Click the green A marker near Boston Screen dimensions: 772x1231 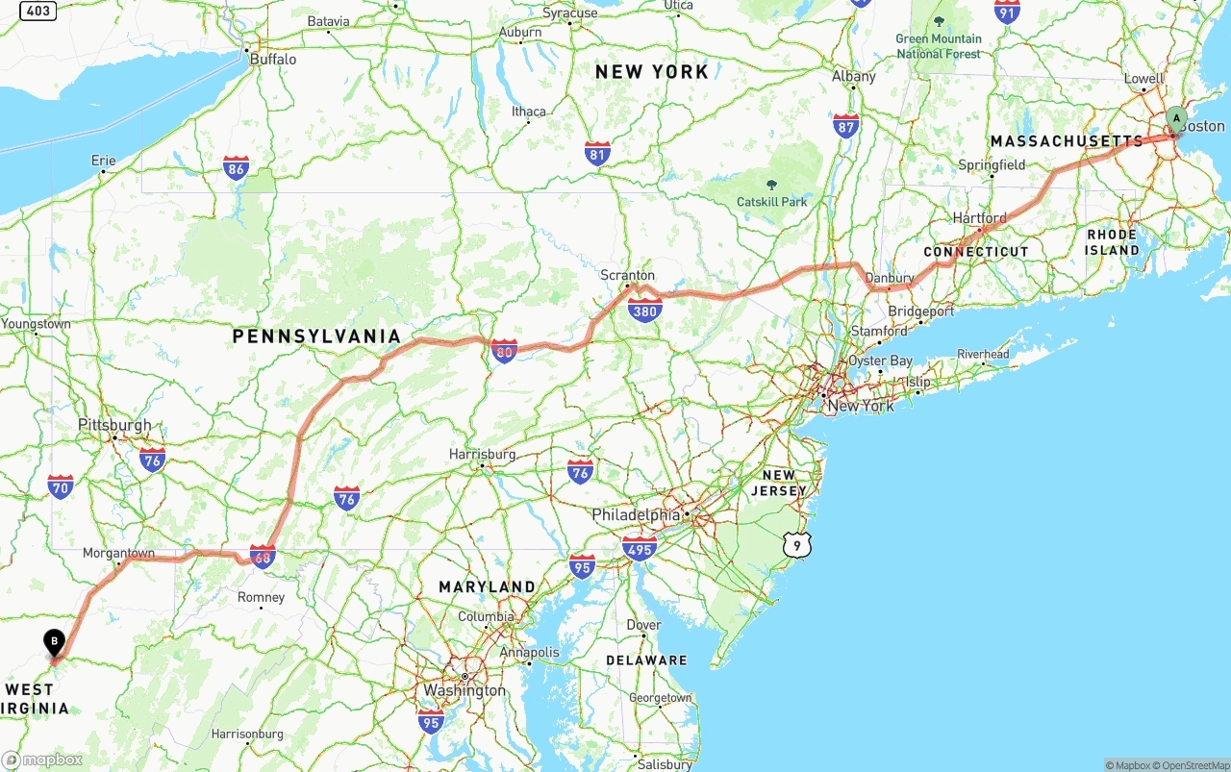(x=1175, y=120)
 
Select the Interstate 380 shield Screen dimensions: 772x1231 (x=644, y=310)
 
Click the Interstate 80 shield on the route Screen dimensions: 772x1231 (x=503, y=351)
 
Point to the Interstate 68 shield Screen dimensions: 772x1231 (x=263, y=556)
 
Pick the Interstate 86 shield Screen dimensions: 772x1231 (x=236, y=168)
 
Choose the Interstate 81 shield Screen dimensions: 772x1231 (x=597, y=153)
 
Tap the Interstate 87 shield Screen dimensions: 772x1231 (x=846, y=126)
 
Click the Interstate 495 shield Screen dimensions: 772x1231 (x=639, y=549)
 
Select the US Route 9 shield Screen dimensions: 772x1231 (x=796, y=545)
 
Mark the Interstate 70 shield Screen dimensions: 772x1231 (x=61, y=486)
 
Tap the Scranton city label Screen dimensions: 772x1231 (x=627, y=275)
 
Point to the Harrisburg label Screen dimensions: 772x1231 (x=483, y=454)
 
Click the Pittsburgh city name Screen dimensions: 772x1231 (x=114, y=425)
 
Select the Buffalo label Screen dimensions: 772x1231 (x=273, y=59)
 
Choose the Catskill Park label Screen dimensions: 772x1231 (x=772, y=202)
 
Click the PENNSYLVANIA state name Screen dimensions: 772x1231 (x=316, y=336)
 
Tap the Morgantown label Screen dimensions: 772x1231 (x=118, y=553)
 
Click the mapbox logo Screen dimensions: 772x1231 (x=42, y=760)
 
